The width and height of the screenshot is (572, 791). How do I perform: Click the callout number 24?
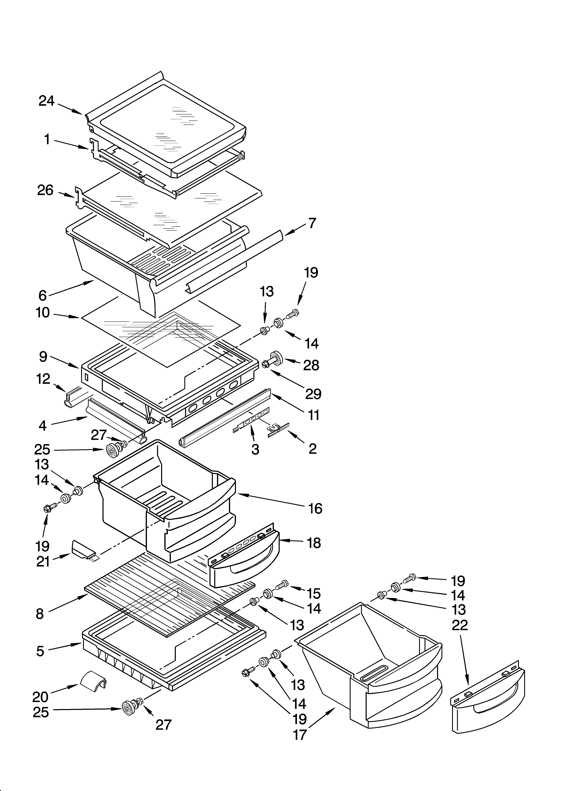pyautogui.click(x=47, y=101)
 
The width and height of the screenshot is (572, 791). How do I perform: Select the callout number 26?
pyautogui.click(x=45, y=190)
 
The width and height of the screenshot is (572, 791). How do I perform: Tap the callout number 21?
pyautogui.click(x=43, y=562)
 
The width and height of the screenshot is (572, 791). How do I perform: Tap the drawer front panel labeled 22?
pyautogui.click(x=488, y=699)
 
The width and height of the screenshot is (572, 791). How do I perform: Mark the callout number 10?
pyautogui.click(x=43, y=313)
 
